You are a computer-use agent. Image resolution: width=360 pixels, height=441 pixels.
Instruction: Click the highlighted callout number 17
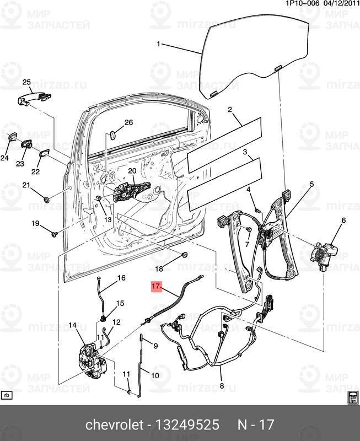(156, 287)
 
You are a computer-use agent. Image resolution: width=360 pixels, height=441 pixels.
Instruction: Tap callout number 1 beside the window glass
(159, 44)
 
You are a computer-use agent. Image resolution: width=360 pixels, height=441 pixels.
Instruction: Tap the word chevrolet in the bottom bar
(112, 426)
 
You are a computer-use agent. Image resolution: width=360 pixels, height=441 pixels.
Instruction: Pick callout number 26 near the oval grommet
(129, 122)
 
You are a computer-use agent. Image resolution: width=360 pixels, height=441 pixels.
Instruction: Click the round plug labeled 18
(185, 256)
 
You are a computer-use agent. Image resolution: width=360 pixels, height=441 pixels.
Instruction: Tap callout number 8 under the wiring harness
(222, 386)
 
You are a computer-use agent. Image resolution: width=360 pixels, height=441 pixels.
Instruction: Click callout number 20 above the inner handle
(132, 171)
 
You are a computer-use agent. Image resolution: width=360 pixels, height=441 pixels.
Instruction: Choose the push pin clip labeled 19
(54, 234)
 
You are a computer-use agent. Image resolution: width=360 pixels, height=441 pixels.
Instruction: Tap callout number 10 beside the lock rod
(155, 376)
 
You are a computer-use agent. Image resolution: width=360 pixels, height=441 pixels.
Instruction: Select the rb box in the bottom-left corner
(7, 395)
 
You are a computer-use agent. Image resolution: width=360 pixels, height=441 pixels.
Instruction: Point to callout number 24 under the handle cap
(5, 158)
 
